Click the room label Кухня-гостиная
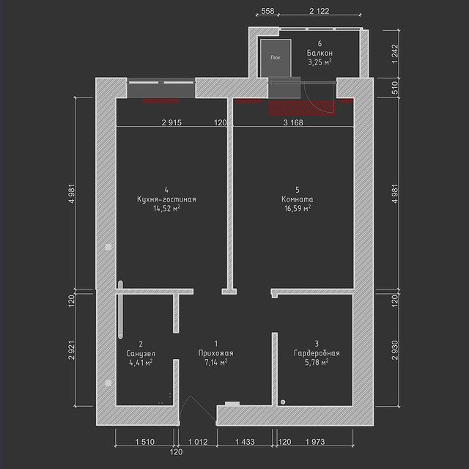[166, 199]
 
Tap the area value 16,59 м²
[298, 208]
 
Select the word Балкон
[320, 53]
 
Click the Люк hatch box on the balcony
[276, 58]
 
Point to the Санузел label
[141, 353]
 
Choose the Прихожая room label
[216, 353]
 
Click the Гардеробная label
[317, 353]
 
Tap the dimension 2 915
[171, 122]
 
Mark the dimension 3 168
[293, 122]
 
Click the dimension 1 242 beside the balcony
[395, 53]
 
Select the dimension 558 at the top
[267, 11]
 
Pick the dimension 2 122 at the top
[320, 11]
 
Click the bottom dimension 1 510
[145, 442]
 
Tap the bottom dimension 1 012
[198, 442]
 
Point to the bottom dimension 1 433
[245, 442]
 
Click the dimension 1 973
[315, 442]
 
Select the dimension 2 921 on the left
[72, 350]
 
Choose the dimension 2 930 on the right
[395, 350]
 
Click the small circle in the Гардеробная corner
[283, 402]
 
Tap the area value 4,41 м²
[141, 363]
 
